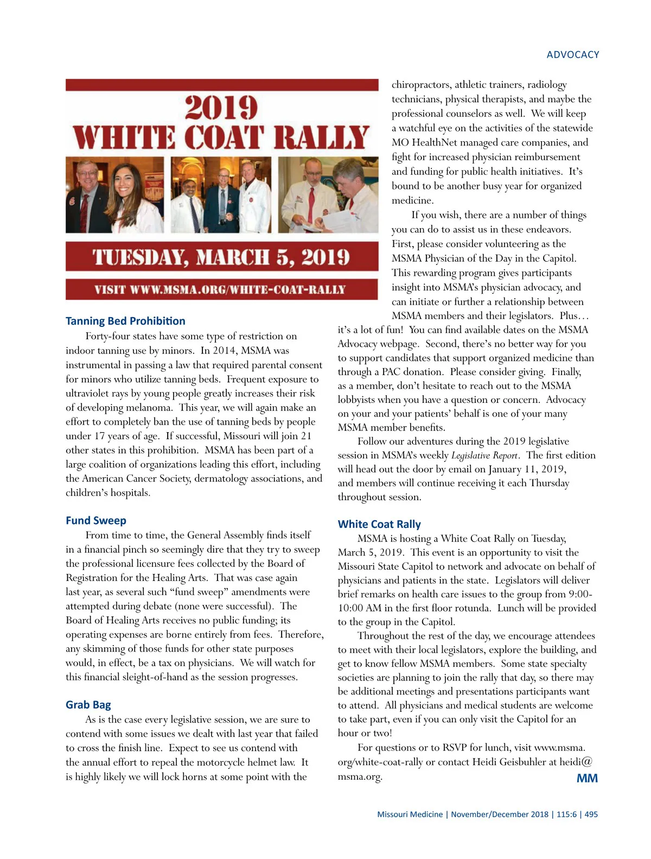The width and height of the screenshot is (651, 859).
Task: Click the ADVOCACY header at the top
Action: (572, 55)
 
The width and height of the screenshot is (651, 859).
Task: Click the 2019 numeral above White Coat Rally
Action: (221, 108)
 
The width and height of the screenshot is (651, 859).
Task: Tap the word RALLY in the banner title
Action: (321, 137)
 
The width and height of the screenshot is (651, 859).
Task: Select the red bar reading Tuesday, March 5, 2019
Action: (221, 257)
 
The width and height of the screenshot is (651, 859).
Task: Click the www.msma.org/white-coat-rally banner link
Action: (220, 289)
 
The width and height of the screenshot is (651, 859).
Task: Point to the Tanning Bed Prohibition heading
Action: (125, 321)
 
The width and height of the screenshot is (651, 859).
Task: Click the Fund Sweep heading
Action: (95, 520)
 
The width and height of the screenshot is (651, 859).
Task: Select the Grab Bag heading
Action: (88, 705)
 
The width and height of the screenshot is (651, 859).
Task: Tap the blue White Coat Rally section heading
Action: (379, 524)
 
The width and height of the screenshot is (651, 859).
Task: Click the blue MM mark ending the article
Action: (586, 778)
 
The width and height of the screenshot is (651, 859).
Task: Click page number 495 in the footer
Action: (591, 814)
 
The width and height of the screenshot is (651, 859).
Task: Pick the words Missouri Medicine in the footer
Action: (410, 814)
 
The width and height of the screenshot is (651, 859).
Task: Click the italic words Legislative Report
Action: (484, 456)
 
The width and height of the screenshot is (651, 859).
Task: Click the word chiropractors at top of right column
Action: (421, 85)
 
